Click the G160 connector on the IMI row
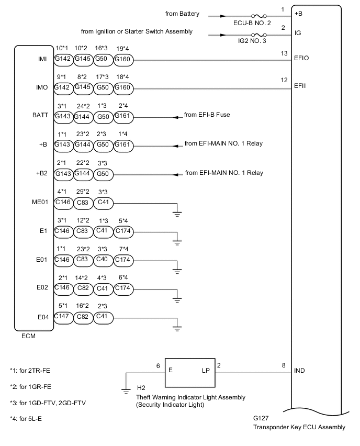[123, 60]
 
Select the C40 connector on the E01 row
[104, 259]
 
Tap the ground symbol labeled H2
[126, 388]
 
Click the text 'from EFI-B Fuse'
[208, 114]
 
